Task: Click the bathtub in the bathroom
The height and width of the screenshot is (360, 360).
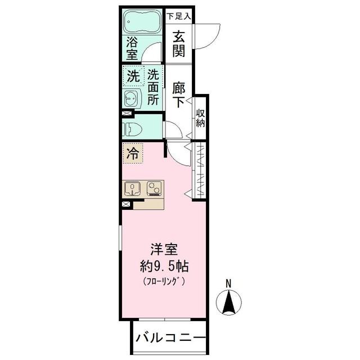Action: pos(142,22)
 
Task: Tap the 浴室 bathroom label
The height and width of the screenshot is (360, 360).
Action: pos(132,48)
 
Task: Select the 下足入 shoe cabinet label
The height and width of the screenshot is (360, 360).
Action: pos(179,16)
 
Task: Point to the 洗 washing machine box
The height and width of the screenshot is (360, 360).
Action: pos(133,76)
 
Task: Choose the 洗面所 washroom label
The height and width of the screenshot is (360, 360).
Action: pos(153,87)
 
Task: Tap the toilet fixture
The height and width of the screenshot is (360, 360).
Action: pos(133,129)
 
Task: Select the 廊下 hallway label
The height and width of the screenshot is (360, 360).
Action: pos(179,94)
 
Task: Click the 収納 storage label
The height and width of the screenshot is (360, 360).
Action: pos(200,118)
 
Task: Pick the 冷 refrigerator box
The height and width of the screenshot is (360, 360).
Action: pos(132,152)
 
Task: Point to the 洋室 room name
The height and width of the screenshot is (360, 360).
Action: pos(164,249)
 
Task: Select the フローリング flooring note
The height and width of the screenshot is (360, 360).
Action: pos(164,281)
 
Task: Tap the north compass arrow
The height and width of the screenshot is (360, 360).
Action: pos(229,303)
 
